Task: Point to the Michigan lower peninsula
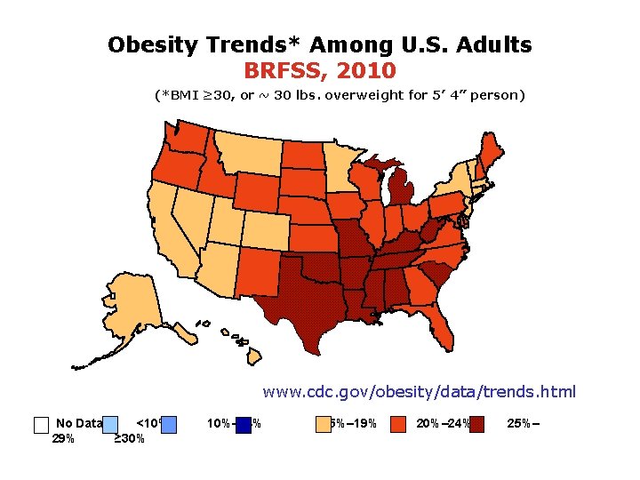point(404,192)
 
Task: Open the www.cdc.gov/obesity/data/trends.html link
point(419,391)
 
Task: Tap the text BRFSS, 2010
point(320,69)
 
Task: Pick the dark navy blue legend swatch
point(244,424)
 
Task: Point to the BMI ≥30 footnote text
point(339,94)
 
